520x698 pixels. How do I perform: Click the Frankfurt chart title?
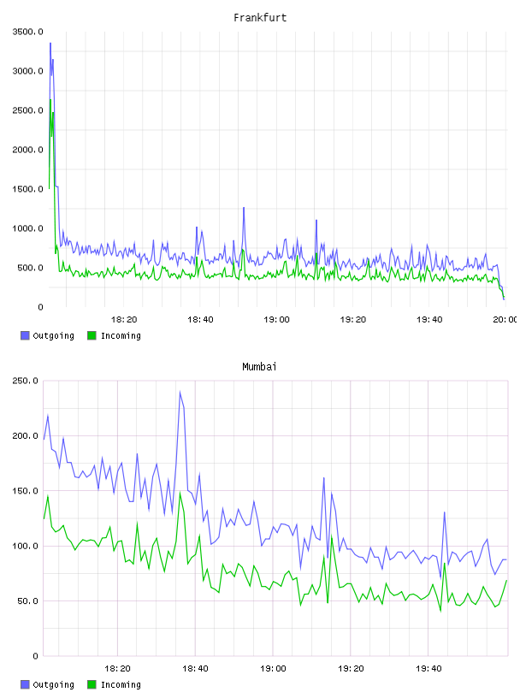click(260, 18)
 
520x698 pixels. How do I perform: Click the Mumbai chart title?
click(259, 367)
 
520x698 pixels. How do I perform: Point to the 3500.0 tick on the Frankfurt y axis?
click(28, 32)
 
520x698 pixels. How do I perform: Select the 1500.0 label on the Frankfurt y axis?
click(28, 189)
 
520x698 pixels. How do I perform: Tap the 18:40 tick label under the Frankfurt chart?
click(200, 320)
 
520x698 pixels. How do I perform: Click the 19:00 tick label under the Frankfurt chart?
click(276, 320)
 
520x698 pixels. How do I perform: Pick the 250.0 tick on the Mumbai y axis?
click(26, 381)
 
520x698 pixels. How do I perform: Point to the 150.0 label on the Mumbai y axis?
click(26, 491)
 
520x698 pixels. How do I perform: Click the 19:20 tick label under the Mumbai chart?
click(351, 669)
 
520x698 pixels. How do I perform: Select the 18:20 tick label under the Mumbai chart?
click(117, 669)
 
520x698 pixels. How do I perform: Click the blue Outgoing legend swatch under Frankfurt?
click(25, 335)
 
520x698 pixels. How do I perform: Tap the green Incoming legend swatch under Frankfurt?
click(92, 335)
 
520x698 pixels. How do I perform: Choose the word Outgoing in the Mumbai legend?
click(53, 684)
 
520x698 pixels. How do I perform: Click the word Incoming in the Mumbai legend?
click(121, 684)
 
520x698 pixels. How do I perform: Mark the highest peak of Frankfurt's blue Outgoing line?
click(50, 43)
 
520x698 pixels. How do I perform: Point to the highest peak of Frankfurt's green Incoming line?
click(50, 100)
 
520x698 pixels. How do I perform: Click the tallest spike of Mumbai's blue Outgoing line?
click(180, 392)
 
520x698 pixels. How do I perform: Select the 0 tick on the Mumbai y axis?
click(36, 656)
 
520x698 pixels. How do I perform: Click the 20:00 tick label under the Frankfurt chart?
click(505, 320)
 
